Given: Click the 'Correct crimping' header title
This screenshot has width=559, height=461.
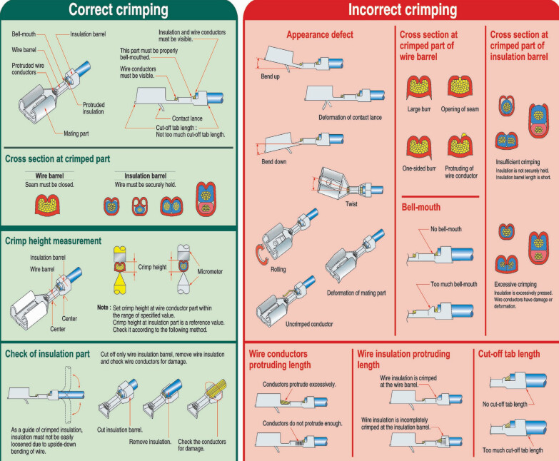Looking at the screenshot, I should click(118, 10).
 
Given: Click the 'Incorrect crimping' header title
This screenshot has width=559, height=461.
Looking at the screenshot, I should click(402, 10).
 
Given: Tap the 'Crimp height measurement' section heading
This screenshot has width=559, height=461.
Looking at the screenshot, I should click(53, 241).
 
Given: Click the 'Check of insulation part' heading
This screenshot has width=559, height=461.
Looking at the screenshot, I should click(47, 353).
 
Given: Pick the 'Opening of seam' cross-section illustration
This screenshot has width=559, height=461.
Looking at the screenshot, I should click(460, 86).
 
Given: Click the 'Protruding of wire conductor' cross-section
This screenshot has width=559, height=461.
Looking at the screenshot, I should click(461, 145).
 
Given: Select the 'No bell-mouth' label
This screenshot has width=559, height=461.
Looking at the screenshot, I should click(446, 229).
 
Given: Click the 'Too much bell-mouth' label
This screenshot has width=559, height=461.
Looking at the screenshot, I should click(453, 284).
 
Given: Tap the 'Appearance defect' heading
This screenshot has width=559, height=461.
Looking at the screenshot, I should click(319, 34).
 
